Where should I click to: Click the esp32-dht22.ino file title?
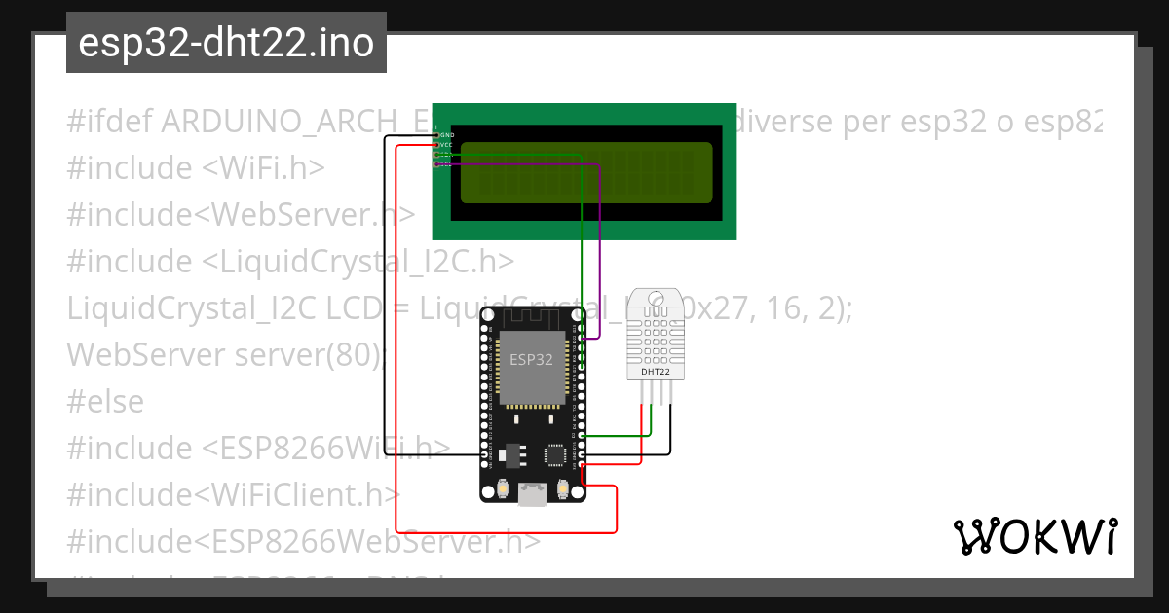tap(226, 43)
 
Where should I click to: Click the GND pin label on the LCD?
tap(447, 135)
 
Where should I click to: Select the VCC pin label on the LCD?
tap(446, 145)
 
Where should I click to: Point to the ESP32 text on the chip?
tap(531, 359)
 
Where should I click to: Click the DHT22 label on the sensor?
tap(655, 372)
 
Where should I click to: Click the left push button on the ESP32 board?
tap(503, 488)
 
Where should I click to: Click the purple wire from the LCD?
tap(599, 253)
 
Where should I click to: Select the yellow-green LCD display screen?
tap(586, 173)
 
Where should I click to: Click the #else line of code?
tap(105, 402)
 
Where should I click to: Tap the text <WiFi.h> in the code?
tap(263, 168)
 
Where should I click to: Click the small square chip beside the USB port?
tap(555, 453)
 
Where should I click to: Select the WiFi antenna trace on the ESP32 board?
tap(531, 317)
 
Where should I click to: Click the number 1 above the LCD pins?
tap(435, 127)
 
